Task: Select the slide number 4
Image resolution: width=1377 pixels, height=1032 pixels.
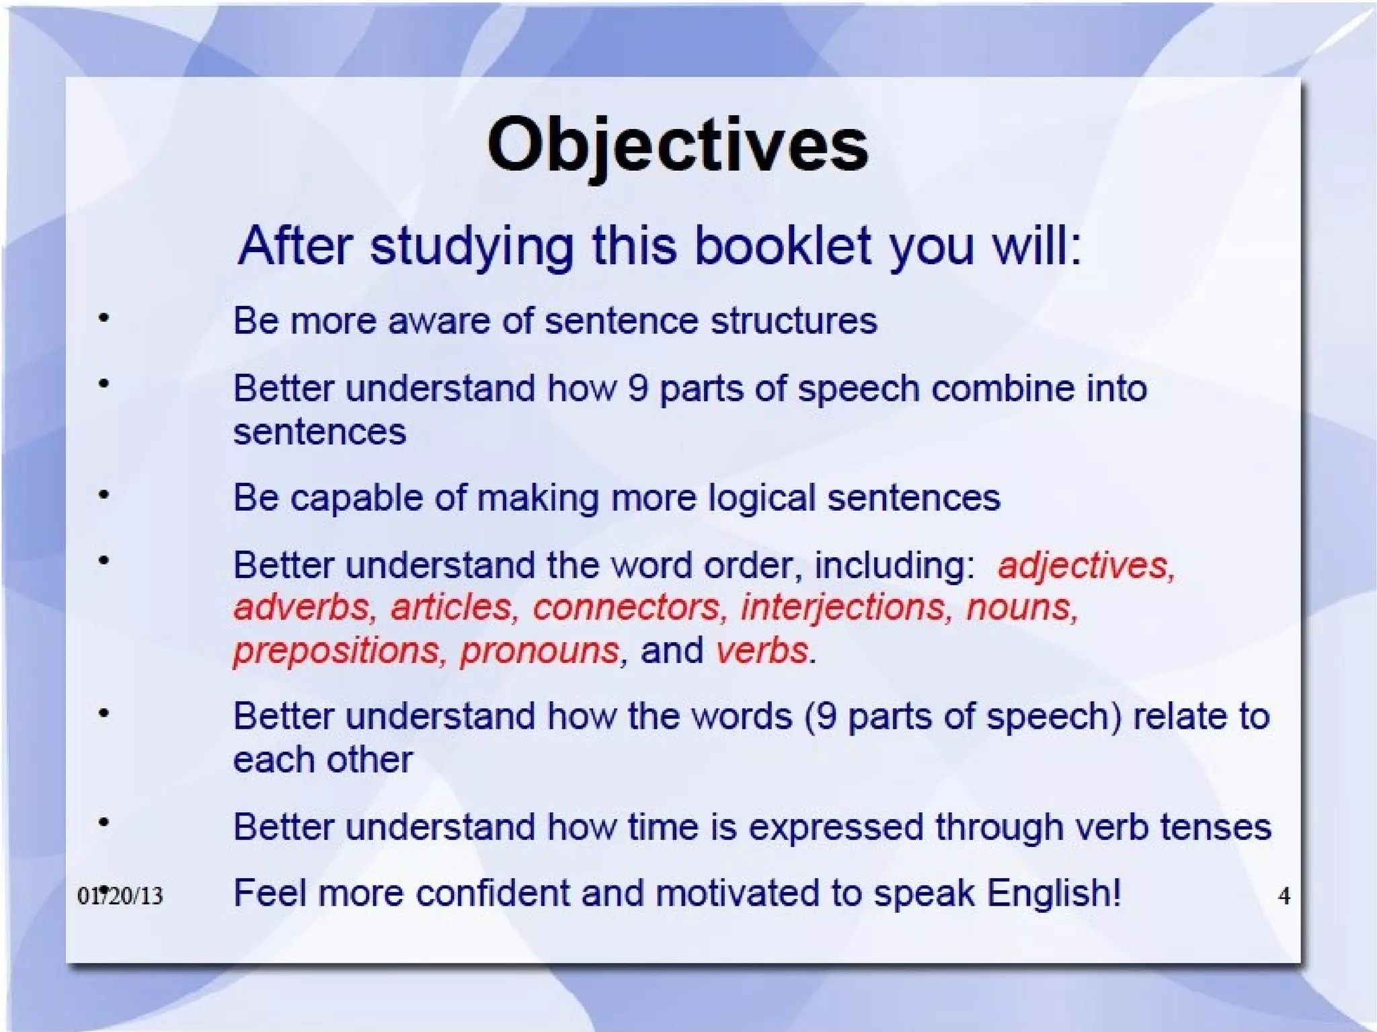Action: click(x=1284, y=896)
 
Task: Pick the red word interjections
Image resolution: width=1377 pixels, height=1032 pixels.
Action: click(x=847, y=607)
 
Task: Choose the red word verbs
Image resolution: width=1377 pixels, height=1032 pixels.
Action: click(x=762, y=651)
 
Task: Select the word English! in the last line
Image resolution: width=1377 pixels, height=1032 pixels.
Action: click(x=1054, y=894)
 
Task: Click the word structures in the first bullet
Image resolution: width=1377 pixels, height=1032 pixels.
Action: click(x=794, y=321)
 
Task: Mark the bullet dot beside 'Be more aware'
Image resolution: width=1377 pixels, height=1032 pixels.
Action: click(x=104, y=318)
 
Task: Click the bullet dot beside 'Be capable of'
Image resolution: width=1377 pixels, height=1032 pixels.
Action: click(x=104, y=495)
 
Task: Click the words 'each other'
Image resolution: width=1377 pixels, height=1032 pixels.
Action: click(x=323, y=760)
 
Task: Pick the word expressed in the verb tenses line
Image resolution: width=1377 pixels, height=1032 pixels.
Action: click(x=836, y=827)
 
